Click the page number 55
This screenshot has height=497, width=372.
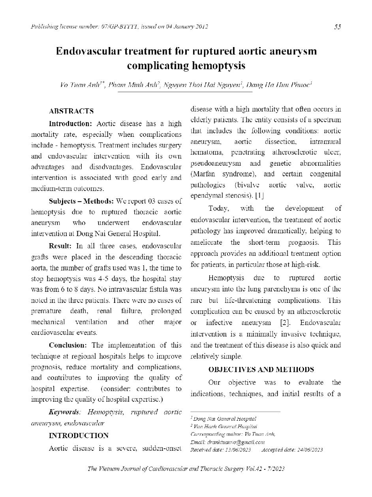[337, 27]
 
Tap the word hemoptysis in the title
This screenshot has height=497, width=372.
[218, 66]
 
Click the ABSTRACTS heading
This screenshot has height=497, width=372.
[71, 111]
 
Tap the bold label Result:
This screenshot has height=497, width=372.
[60, 246]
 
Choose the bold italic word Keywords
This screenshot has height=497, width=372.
[64, 412]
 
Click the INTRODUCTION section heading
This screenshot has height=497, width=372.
[79, 436]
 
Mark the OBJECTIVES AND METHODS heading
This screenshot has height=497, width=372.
[261, 370]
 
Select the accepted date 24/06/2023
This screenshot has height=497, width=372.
[309, 450]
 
